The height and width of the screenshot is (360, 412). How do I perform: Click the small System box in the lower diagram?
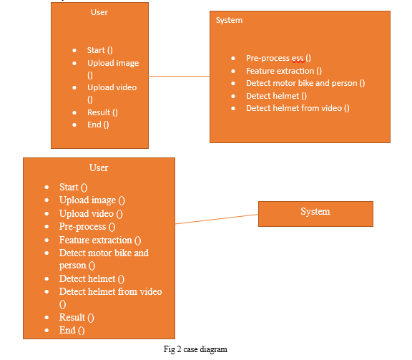(315, 214)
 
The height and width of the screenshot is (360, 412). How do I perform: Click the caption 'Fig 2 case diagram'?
(195, 349)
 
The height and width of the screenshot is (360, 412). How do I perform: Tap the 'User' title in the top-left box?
(99, 12)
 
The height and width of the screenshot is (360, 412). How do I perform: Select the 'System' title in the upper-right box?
(229, 20)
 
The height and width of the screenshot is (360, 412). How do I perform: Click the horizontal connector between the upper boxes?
(179, 77)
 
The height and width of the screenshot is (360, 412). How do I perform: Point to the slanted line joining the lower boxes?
(217, 219)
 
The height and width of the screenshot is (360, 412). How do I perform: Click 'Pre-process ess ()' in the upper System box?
(278, 58)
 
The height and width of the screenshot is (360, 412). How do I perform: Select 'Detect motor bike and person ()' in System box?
(305, 83)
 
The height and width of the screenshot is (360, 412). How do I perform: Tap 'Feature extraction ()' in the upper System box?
(284, 71)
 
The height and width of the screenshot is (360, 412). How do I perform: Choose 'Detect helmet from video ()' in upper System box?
(298, 108)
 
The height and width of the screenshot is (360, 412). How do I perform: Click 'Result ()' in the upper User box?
(102, 112)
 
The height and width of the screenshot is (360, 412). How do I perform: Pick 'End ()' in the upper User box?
(98, 125)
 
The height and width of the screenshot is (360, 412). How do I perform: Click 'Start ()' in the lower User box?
(73, 188)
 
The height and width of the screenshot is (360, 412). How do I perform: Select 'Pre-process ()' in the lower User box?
(87, 227)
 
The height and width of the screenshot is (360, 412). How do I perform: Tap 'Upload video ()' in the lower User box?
(91, 213)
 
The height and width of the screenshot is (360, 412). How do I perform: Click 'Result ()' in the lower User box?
(77, 317)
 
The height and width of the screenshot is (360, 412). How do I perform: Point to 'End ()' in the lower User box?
(72, 330)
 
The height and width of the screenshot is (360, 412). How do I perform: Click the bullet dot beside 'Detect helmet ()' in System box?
(233, 96)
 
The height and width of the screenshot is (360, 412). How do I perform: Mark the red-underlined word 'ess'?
(298, 59)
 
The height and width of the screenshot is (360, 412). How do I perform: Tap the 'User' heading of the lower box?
(99, 167)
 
